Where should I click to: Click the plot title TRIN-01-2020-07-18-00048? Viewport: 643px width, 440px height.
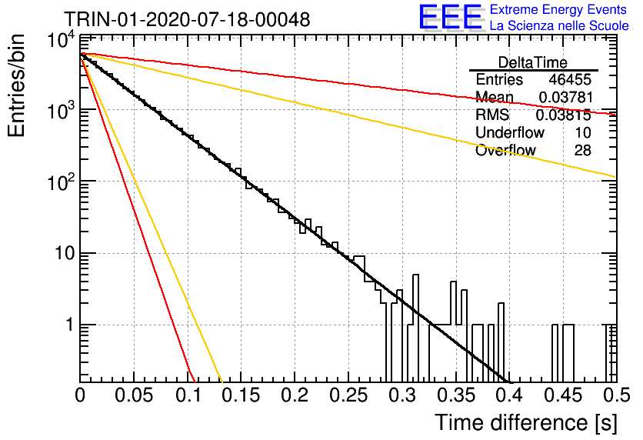pos(187,19)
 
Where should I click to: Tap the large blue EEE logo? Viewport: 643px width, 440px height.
pos(451,17)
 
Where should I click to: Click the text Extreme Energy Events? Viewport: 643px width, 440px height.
pos(558,9)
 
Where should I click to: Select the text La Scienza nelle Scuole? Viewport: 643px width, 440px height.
pos(559,25)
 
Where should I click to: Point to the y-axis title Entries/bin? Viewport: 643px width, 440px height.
pos(16,85)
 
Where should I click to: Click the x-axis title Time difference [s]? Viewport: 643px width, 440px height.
pos(526,422)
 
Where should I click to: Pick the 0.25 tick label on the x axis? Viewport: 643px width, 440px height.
pos(348,395)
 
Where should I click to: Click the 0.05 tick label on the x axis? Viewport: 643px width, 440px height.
pos(134,395)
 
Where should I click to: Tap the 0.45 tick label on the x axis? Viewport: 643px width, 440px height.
pos(564,395)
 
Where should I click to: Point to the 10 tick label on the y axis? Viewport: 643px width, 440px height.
pos(65,253)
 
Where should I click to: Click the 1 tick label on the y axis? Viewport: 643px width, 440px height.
pos(70,325)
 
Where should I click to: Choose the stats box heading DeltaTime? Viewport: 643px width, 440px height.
pos(533,62)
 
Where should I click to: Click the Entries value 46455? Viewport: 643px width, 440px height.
pos(570,79)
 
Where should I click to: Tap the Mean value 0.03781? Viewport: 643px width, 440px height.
pos(566,97)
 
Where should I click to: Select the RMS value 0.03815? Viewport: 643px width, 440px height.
pos(564,115)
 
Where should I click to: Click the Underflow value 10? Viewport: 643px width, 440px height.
pos(582,132)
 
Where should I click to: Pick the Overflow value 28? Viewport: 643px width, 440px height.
pos(583,150)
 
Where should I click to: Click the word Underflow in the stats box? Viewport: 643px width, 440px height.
pos(510,132)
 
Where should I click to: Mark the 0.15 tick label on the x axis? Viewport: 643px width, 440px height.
pos(242,395)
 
